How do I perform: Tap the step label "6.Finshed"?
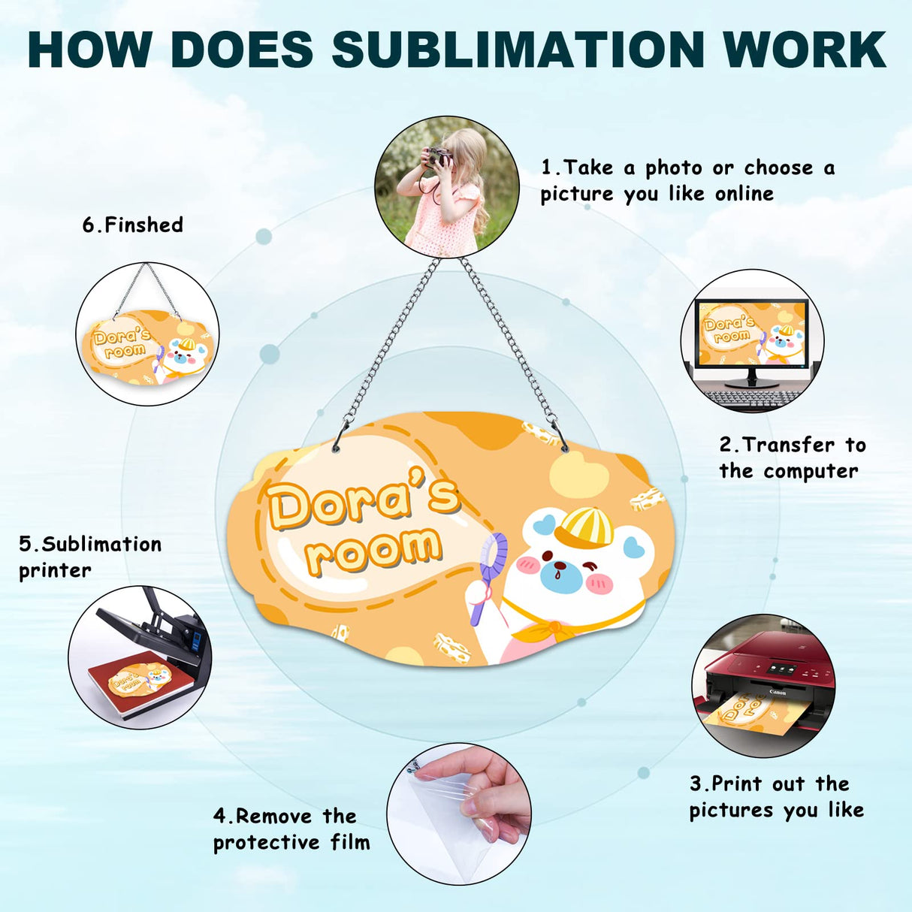(133, 225)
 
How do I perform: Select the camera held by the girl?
(438, 156)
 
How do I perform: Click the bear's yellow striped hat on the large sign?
(584, 527)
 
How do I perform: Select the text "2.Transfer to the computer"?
(792, 458)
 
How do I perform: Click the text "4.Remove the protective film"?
(291, 829)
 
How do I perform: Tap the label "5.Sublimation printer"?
(90, 557)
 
